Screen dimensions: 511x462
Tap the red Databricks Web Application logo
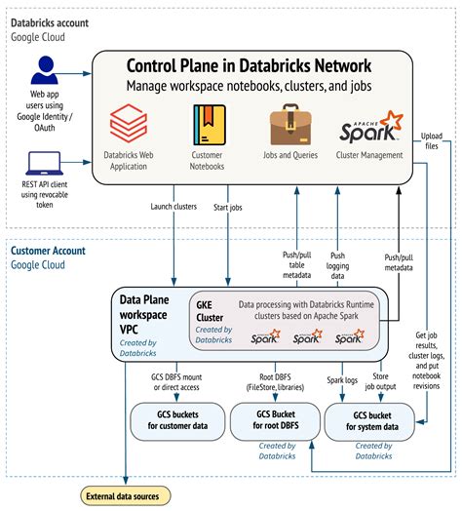pyautogui.click(x=126, y=128)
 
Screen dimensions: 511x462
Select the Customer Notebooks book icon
pyautogui.click(x=208, y=128)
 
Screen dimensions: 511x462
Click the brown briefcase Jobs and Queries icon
pyautogui.click(x=290, y=127)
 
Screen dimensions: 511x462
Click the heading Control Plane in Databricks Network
pyautogui.click(x=249, y=66)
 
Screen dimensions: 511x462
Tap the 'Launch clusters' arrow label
pyautogui.click(x=174, y=206)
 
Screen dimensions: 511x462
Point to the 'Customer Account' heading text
pyautogui.click(x=48, y=251)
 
